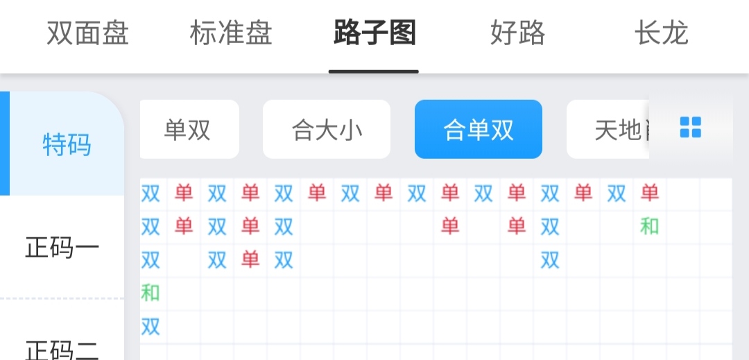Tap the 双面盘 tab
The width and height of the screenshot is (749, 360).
tap(88, 33)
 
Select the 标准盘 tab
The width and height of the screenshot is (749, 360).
tap(231, 33)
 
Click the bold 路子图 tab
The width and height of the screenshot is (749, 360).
tap(374, 33)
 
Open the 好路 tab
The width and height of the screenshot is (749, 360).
tap(518, 33)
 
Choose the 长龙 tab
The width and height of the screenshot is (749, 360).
tap(661, 33)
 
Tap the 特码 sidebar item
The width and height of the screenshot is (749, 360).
tap(67, 144)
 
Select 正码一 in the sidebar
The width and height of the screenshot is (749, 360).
tap(62, 248)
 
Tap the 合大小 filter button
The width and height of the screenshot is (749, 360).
tap(327, 130)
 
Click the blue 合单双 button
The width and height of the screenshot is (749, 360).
tap(478, 130)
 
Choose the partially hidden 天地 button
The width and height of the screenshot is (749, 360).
tap(608, 130)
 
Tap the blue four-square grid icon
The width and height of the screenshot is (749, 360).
tap(691, 128)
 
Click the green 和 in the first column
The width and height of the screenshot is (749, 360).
tap(150, 293)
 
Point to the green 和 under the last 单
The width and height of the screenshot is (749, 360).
tap(650, 226)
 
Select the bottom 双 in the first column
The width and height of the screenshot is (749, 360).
tap(150, 327)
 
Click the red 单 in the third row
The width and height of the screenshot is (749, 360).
tap(250, 259)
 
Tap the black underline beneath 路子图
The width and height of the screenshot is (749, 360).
tap(374, 72)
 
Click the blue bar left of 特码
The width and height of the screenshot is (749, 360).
tap(5, 144)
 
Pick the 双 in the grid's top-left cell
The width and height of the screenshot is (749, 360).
tap(150, 194)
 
